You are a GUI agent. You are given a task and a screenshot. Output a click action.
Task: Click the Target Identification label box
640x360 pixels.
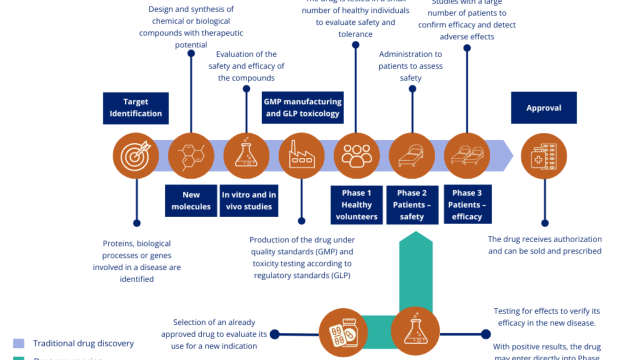pos(135,108)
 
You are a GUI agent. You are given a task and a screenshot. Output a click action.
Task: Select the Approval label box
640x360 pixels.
pos(543,108)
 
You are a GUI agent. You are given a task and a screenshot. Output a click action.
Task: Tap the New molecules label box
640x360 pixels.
pos(191,200)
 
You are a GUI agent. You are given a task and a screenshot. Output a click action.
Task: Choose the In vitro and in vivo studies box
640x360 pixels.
pos(248,200)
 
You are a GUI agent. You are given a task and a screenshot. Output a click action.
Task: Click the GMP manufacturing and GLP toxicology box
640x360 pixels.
pos(302,107)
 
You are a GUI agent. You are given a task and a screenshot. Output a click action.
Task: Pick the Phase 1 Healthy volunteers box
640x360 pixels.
pos(356,204)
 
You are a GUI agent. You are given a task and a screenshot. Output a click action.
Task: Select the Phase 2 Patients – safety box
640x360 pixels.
pos(412,204)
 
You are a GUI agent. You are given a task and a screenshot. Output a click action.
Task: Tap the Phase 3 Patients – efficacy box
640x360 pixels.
pos(467,204)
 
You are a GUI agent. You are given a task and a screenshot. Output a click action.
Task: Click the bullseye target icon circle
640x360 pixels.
pos(136,155)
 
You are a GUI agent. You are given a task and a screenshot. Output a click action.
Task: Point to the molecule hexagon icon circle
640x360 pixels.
pos(191,155)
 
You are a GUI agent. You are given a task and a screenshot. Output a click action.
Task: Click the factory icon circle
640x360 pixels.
pos(301,155)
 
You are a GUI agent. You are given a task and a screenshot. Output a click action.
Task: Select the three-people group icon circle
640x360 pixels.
pos(356,155)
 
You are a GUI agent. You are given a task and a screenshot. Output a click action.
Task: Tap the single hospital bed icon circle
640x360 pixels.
pos(412,155)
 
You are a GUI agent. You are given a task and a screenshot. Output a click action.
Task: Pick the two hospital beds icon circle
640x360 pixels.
pos(467,155)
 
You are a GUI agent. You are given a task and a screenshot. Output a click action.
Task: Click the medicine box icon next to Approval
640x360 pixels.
pos(544,155)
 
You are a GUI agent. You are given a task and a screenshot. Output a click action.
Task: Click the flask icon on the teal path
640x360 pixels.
pos(415,331)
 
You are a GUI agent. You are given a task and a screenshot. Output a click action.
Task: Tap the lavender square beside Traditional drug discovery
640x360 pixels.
pos(18,343)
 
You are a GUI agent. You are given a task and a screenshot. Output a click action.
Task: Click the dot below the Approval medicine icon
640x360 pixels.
pos(544,223)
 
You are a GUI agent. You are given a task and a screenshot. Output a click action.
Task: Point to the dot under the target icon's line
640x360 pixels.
pos(136,223)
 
